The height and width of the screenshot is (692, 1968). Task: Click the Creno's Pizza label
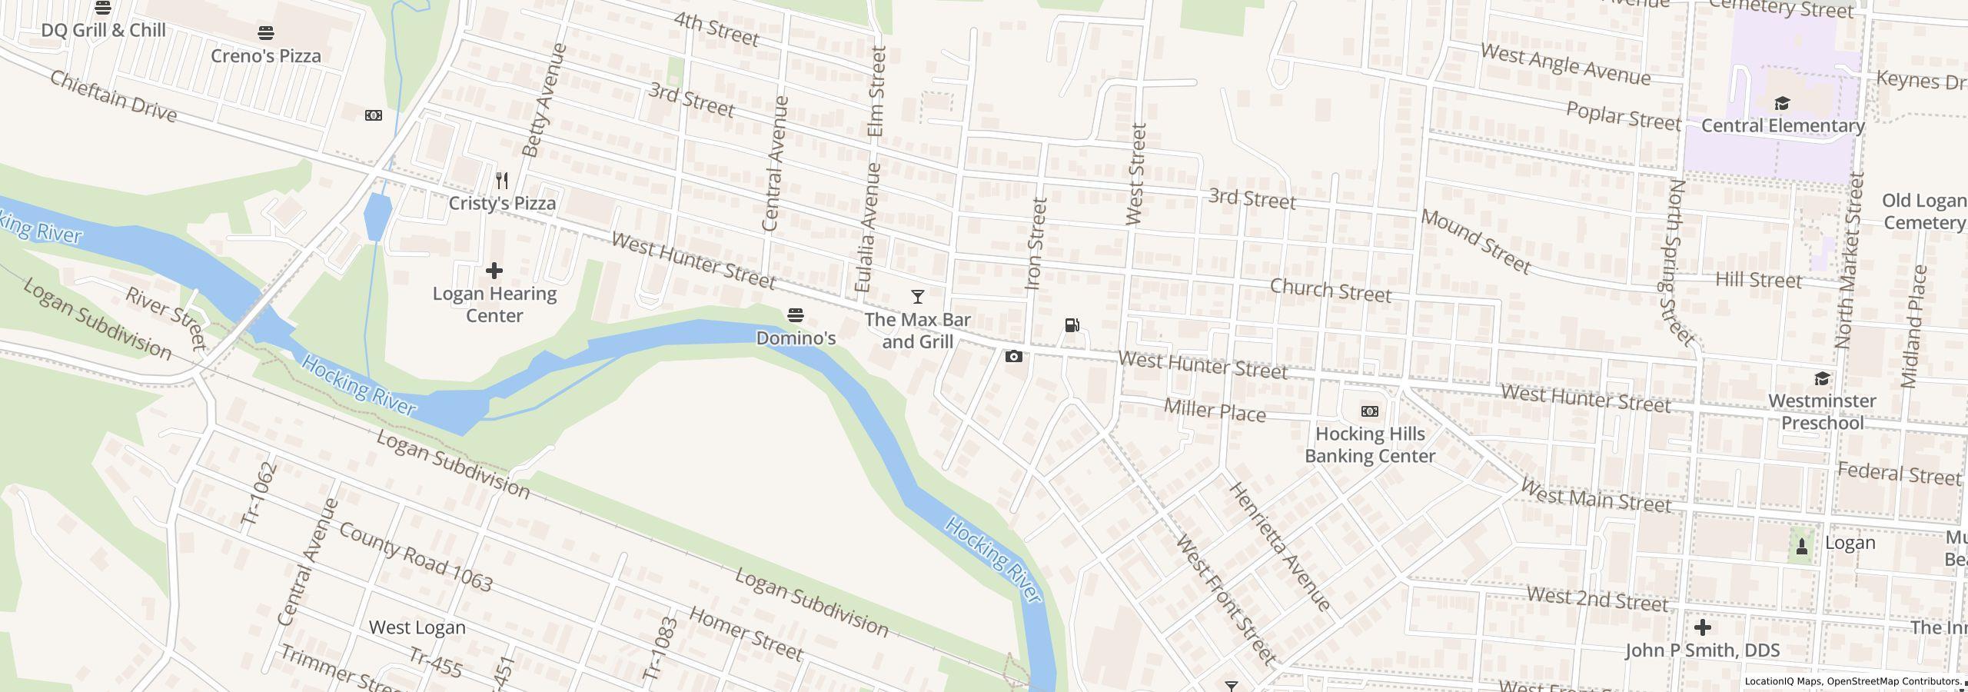[x=265, y=56]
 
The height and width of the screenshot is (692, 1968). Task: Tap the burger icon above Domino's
[x=796, y=315]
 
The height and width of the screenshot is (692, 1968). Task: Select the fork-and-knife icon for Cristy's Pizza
[x=502, y=181]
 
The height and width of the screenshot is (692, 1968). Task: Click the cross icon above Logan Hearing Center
[x=494, y=271]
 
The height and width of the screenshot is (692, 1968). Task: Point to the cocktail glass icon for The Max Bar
[x=917, y=297]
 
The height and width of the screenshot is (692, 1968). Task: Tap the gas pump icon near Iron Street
[x=1072, y=325]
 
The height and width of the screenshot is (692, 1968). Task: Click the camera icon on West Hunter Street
[x=1014, y=356]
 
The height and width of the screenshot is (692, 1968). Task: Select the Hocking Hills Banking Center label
[x=1370, y=445]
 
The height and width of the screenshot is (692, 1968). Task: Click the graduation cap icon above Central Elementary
[x=1782, y=104]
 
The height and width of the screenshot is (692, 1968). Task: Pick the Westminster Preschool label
[x=1822, y=412]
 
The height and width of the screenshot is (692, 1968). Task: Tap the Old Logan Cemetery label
[x=1923, y=211]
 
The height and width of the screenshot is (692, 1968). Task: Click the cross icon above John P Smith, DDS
[x=1702, y=627]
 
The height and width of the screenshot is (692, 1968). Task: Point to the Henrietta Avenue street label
[x=1279, y=547]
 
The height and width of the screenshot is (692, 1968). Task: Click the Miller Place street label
[x=1215, y=411]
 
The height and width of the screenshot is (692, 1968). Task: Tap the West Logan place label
[x=417, y=627]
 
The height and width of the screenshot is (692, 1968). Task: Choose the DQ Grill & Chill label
[x=103, y=31]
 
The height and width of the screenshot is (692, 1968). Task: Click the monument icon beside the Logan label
[x=1801, y=547]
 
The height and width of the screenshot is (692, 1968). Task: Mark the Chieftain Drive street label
[x=114, y=97]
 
